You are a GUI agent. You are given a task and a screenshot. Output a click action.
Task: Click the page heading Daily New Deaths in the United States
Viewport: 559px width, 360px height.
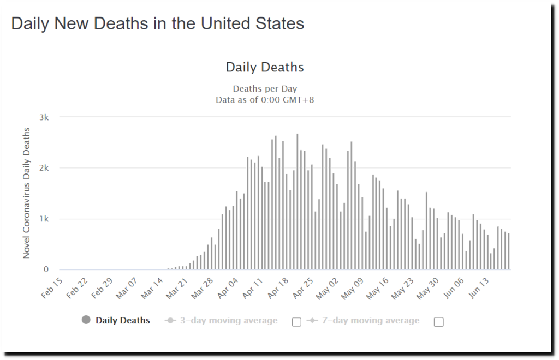[157, 24]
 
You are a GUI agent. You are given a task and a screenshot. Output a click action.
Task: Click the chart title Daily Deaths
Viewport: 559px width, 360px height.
[265, 68]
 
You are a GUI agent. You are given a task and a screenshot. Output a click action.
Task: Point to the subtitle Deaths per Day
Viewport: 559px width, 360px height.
[265, 89]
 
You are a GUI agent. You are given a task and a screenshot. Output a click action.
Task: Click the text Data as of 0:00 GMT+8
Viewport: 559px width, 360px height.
[265, 99]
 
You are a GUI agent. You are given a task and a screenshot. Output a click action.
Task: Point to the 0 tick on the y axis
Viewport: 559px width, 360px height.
[46, 269]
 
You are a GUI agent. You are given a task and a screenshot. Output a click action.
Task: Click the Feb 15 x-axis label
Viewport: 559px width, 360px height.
[52, 287]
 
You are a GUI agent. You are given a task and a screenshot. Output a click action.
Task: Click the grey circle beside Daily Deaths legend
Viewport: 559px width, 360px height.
[86, 320]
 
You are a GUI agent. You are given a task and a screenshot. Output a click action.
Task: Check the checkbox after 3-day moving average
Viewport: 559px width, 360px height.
[296, 322]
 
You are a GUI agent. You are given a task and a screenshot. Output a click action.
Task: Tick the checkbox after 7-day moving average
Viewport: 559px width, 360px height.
[438, 322]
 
